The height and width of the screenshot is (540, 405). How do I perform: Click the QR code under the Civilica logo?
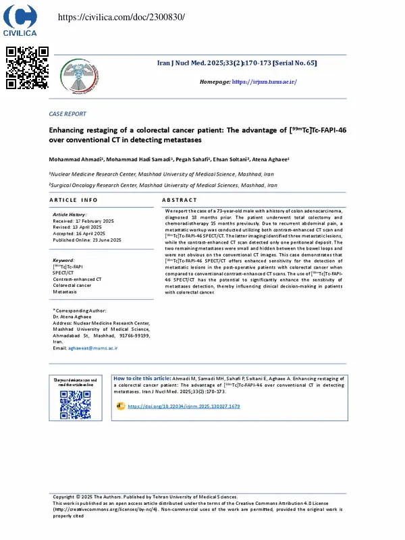coord(28,67)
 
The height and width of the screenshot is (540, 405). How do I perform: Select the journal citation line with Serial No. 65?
coord(236,62)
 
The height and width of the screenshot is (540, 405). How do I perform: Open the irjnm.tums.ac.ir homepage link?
coord(264,82)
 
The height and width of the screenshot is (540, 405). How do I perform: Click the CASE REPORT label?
coord(67,114)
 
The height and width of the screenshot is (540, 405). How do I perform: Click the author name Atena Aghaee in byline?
coord(271,159)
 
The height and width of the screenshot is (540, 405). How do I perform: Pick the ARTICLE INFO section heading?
coord(74,200)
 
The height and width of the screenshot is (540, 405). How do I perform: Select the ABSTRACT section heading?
coord(180,200)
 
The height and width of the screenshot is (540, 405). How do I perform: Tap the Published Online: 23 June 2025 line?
coord(87,240)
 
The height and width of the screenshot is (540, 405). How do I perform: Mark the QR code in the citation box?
coord(76,404)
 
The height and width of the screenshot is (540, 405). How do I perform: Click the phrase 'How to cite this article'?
coord(142,379)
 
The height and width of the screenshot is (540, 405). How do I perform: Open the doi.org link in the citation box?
coord(184,406)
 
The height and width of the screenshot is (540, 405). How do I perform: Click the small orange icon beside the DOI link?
coord(121,406)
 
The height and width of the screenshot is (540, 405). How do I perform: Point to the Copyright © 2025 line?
coord(145,497)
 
